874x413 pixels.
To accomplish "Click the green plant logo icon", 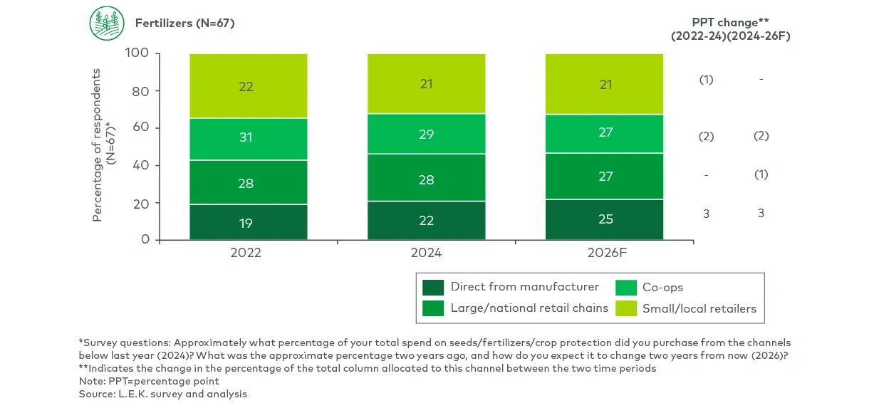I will [x=107, y=23].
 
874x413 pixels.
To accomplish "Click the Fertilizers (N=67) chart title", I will [x=184, y=23].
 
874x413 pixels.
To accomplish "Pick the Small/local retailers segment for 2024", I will [x=426, y=84].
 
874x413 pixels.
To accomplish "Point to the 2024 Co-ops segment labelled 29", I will [x=426, y=134].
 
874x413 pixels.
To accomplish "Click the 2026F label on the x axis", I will [x=604, y=253].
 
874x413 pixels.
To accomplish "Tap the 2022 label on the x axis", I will [x=246, y=253].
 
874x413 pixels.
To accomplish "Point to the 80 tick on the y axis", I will [x=140, y=91].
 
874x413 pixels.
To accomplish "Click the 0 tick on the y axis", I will [x=145, y=240].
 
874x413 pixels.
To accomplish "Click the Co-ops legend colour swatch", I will [x=625, y=288].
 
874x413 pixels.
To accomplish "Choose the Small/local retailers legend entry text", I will [x=699, y=309].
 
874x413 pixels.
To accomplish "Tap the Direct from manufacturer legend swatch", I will [x=433, y=288].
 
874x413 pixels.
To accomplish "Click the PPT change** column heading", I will [x=731, y=21].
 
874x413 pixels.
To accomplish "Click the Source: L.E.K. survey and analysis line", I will [x=163, y=394].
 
